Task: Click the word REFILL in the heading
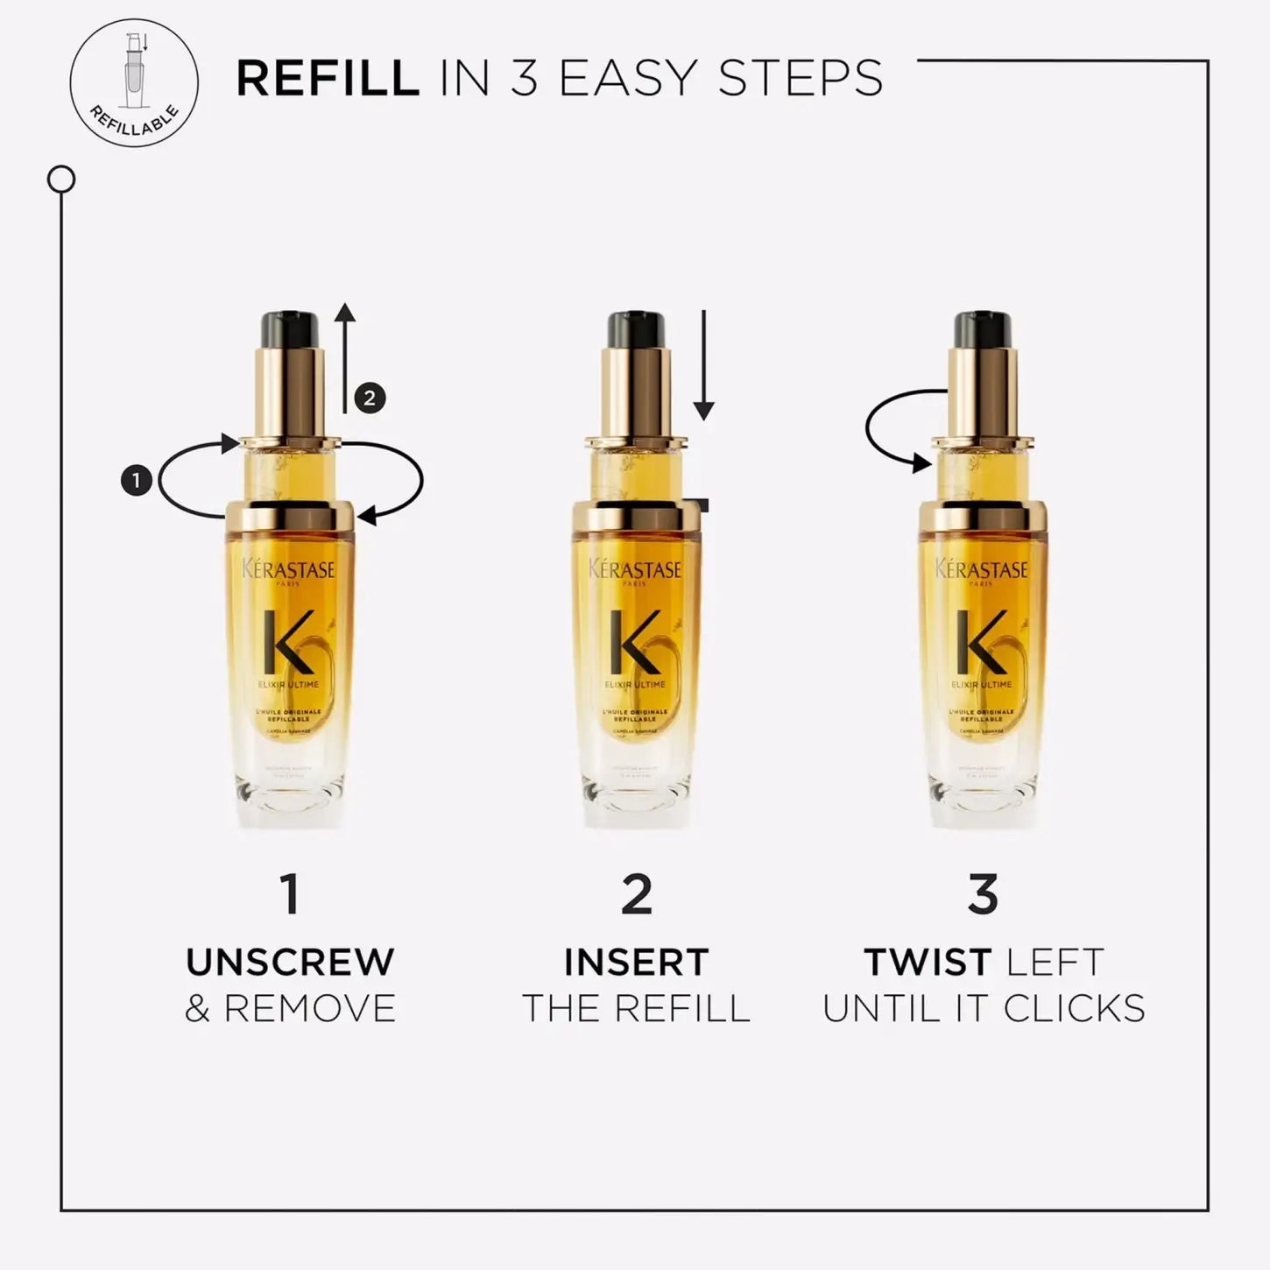coord(328,79)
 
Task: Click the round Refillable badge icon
coord(134,82)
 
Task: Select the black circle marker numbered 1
coord(137,480)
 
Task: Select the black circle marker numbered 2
coord(370,399)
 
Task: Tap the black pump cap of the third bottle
coord(982,330)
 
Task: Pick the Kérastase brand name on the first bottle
coord(288,570)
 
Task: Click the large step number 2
coord(637,894)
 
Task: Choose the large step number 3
coord(983,894)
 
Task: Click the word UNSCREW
coord(290,963)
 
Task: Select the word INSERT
coord(637,963)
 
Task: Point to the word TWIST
coord(928,963)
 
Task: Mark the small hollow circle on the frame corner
coord(60,180)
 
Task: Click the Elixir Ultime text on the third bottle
coord(982,684)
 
